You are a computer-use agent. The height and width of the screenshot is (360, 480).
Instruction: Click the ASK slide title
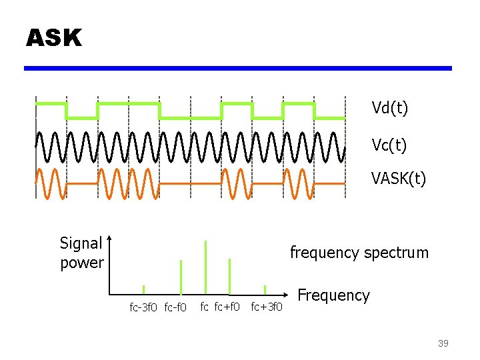point(54,38)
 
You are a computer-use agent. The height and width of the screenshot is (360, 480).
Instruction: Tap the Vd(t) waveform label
point(389,108)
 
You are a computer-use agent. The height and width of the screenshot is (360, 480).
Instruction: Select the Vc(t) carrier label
point(389,144)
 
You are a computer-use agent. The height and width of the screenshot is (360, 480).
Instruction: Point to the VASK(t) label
point(399,179)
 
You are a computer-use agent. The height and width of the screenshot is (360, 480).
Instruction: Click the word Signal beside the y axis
point(81,243)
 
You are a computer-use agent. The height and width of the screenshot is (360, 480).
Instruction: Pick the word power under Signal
point(81,263)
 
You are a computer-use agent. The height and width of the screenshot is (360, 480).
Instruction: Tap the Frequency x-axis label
point(333,295)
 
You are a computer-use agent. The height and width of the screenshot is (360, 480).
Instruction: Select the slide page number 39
point(443,343)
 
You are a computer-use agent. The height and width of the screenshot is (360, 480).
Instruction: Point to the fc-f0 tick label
point(175,307)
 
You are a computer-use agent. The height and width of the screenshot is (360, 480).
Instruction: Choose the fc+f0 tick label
point(227,307)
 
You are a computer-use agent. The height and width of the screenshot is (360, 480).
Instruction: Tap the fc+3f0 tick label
point(267,307)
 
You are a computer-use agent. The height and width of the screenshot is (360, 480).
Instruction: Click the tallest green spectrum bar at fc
point(205,267)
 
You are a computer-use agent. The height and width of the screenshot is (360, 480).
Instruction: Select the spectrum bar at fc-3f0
point(143,289)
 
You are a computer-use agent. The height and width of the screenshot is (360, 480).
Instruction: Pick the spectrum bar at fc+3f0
point(265,289)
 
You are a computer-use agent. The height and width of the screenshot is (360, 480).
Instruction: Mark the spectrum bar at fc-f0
point(181,277)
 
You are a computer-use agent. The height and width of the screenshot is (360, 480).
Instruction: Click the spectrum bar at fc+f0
point(229,276)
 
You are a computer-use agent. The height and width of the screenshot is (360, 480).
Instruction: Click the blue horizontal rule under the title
point(238,68)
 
